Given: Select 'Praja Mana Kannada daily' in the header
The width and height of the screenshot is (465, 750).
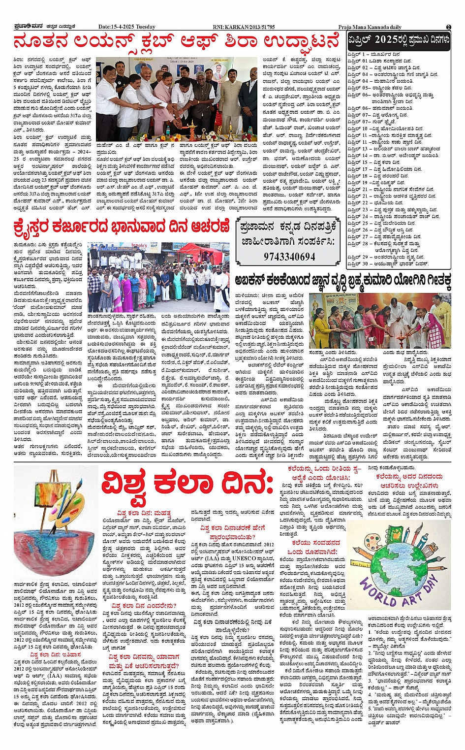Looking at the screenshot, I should tap(370, 27).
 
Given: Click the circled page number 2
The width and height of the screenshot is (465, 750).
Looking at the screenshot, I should tap(448, 27).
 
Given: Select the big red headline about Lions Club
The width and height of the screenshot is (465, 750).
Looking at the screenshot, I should tap(176, 42).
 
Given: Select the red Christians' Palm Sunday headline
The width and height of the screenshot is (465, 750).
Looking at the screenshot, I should tap(122, 228).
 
